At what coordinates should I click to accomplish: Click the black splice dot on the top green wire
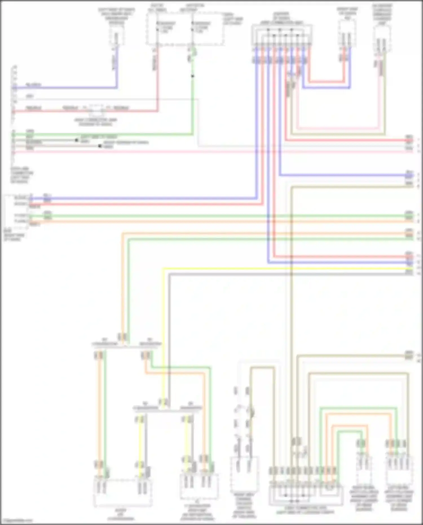coord(193,76)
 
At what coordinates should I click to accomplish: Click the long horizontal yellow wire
coord(282,268)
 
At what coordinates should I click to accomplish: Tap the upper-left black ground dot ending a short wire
coord(76,140)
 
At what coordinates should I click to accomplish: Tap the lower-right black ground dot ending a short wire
coord(100,146)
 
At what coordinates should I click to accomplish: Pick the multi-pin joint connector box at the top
coord(282,35)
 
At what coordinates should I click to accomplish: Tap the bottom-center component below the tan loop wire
coord(244,474)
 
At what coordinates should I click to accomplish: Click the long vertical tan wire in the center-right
coord(291,310)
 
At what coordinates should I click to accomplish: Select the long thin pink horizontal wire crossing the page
coord(226,151)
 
